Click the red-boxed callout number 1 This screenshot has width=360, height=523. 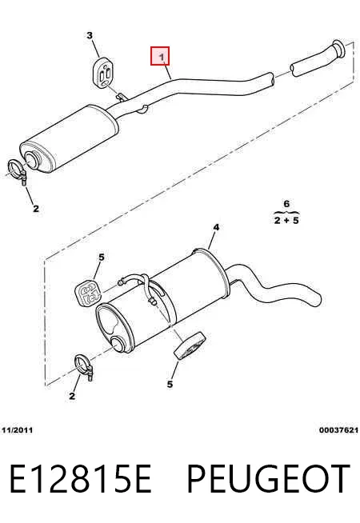pyautogui.click(x=162, y=57)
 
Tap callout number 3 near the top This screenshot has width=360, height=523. pyautogui.click(x=90, y=35)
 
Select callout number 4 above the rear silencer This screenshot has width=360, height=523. pyautogui.click(x=216, y=227)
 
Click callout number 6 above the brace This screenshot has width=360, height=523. pyautogui.click(x=286, y=203)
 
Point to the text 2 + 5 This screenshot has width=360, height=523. pyautogui.click(x=286, y=220)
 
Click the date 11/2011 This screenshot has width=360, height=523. pyautogui.click(x=18, y=430)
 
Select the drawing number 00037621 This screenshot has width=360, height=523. pyautogui.click(x=338, y=430)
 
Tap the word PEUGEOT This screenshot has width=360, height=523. pyautogui.click(x=268, y=478)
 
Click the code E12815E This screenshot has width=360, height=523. pyautogui.click(x=80, y=478)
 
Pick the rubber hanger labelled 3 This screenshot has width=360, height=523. pyautogui.click(x=102, y=73)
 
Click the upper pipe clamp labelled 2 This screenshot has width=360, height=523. pyautogui.click(x=18, y=171)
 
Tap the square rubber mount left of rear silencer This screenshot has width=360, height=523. pyautogui.click(x=87, y=293)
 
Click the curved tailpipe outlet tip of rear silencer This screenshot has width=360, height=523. pyautogui.click(x=315, y=299)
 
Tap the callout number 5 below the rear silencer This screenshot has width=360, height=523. pyautogui.click(x=170, y=384)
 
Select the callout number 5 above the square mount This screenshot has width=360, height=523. pyautogui.click(x=102, y=257)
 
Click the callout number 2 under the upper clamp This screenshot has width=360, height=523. pyautogui.click(x=36, y=209)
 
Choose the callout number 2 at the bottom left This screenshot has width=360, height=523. pyautogui.click(x=72, y=396)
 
